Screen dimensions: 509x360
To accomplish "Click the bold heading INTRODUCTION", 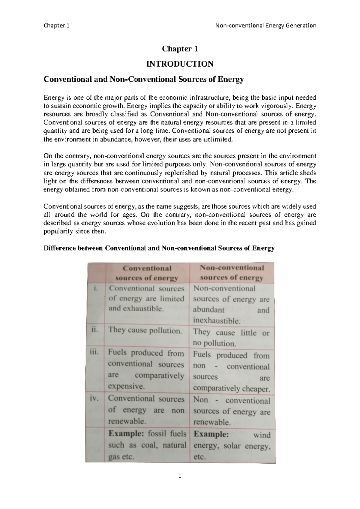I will (179, 64).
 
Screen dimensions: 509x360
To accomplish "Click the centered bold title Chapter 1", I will (180, 49).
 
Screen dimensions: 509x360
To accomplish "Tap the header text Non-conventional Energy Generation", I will (266, 26).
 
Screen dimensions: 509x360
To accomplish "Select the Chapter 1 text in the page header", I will (56, 26).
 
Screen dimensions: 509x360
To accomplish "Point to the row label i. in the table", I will (95, 289).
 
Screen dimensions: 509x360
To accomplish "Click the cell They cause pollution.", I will (145, 330).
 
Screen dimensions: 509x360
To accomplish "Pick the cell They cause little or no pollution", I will (231, 338).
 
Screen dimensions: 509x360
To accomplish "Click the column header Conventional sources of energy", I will (147, 273).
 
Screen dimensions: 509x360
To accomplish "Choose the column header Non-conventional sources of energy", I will (232, 273).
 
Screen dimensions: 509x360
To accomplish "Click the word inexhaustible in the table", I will (217, 321).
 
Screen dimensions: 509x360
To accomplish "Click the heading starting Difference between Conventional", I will (159, 248).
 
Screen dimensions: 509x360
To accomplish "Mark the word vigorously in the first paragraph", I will (276, 106).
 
